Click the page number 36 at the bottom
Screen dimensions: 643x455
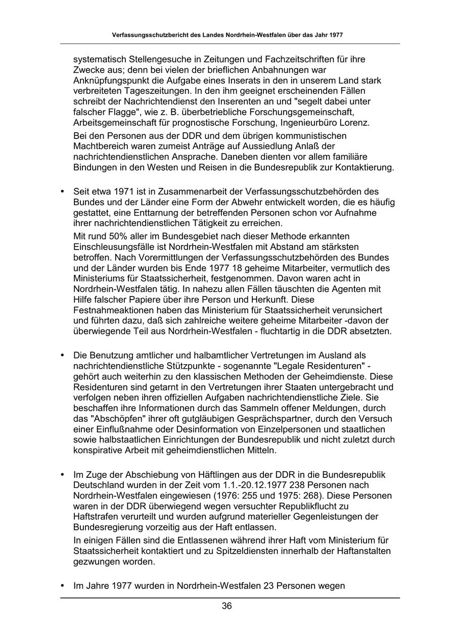[227, 606]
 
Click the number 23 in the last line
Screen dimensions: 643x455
[268, 586]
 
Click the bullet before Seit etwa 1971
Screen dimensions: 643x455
[63, 191]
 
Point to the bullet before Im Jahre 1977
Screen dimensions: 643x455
[63, 586]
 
